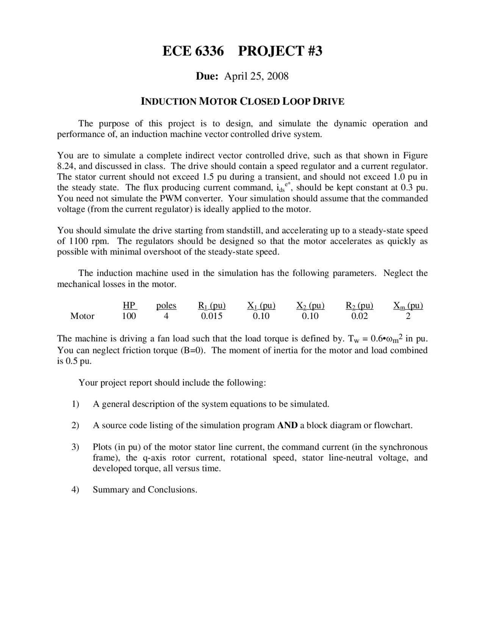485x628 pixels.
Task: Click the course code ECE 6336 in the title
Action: click(x=193, y=51)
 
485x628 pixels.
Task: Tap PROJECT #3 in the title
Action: click(x=280, y=51)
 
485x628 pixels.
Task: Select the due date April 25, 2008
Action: click(x=256, y=76)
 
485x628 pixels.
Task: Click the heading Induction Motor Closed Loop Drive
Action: click(x=242, y=102)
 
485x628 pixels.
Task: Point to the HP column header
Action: click(x=129, y=306)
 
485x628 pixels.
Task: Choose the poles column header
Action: click(x=166, y=306)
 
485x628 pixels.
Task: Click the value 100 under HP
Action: click(x=129, y=316)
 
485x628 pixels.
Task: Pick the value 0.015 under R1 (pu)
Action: click(x=212, y=316)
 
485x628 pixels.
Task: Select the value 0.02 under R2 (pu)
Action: click(x=359, y=316)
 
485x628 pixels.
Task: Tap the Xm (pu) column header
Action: click(x=408, y=306)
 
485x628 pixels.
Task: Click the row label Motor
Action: click(x=82, y=316)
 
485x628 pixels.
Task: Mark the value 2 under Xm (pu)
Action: click(x=408, y=316)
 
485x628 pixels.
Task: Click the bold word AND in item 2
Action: click(x=287, y=425)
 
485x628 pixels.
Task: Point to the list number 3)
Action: click(x=75, y=447)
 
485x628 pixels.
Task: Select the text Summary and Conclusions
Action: click(x=145, y=490)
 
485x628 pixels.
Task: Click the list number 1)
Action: click(x=75, y=404)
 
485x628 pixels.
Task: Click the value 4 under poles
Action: click(x=166, y=316)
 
